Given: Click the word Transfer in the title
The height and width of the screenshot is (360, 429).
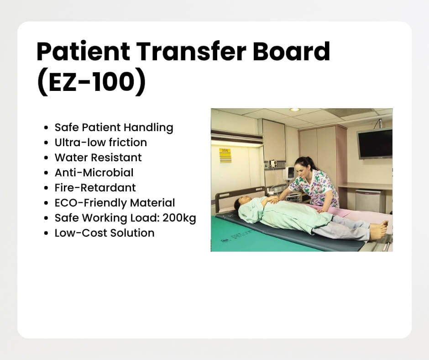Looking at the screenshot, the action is click(x=191, y=51).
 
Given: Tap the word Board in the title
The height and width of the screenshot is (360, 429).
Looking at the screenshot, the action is click(x=291, y=51).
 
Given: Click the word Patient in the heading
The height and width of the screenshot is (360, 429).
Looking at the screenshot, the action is click(x=83, y=51).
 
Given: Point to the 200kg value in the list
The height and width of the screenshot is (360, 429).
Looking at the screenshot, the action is click(x=179, y=218).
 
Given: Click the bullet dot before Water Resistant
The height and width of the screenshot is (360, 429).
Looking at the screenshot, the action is click(x=46, y=158).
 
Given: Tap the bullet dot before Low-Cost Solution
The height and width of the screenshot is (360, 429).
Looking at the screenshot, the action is click(x=46, y=233).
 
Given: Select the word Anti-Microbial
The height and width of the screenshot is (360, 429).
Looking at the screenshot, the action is click(x=94, y=173).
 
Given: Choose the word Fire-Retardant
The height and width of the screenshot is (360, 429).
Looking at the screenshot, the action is click(x=95, y=188).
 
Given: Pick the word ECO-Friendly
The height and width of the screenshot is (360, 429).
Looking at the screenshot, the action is click(x=90, y=203).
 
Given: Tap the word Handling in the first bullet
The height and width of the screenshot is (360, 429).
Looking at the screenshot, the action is click(x=149, y=127).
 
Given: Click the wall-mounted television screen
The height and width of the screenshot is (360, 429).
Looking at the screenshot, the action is click(x=375, y=143).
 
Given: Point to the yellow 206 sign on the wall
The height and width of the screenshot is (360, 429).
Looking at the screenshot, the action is click(x=225, y=155).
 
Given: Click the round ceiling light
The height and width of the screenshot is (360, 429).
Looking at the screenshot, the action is click(x=295, y=110).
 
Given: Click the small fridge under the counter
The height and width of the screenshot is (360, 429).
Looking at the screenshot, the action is click(x=368, y=200).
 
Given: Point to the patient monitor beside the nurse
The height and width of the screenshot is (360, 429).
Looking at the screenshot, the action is click(x=289, y=173).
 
